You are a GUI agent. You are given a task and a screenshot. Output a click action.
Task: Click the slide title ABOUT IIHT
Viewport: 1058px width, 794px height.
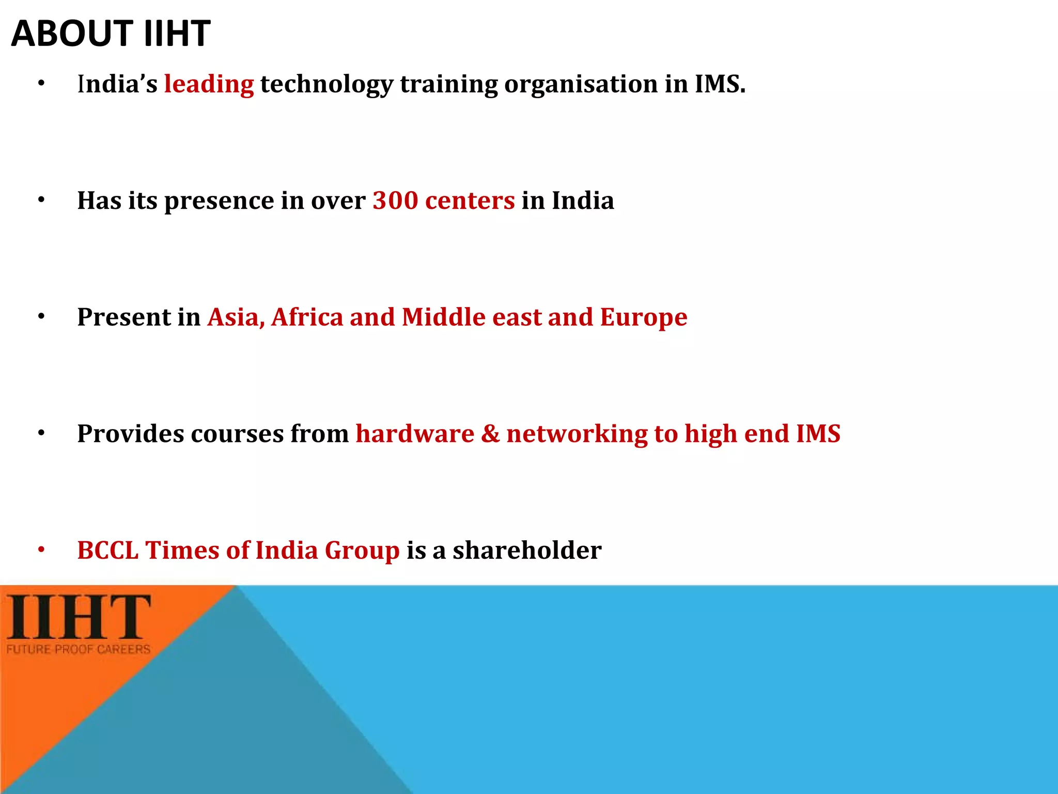click(x=111, y=34)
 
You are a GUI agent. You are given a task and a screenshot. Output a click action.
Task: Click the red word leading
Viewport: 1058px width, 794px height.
click(x=209, y=84)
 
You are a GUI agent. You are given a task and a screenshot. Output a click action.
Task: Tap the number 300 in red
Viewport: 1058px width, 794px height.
click(x=395, y=201)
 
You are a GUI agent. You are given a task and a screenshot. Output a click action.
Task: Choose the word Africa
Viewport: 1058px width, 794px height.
click(x=307, y=317)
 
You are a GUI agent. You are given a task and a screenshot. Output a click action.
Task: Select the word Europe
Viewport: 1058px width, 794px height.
click(x=643, y=317)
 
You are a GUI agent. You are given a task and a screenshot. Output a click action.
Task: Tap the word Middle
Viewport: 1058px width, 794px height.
click(x=444, y=317)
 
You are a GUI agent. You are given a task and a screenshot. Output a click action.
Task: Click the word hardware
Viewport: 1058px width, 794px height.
click(x=415, y=434)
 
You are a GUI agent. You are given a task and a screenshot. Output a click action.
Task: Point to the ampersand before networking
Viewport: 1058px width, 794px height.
click(x=490, y=434)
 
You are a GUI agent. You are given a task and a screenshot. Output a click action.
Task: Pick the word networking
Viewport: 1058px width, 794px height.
click(x=577, y=434)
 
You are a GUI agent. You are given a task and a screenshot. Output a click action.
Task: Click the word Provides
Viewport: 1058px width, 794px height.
click(x=130, y=434)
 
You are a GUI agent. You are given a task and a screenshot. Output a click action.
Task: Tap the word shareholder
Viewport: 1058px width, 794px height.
click(x=527, y=550)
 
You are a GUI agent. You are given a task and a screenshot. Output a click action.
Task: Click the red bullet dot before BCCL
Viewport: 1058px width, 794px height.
click(x=41, y=550)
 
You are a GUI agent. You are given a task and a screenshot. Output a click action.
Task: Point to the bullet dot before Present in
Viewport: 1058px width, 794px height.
click(x=41, y=316)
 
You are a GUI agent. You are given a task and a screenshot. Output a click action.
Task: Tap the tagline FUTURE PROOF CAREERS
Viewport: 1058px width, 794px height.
click(x=79, y=649)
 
